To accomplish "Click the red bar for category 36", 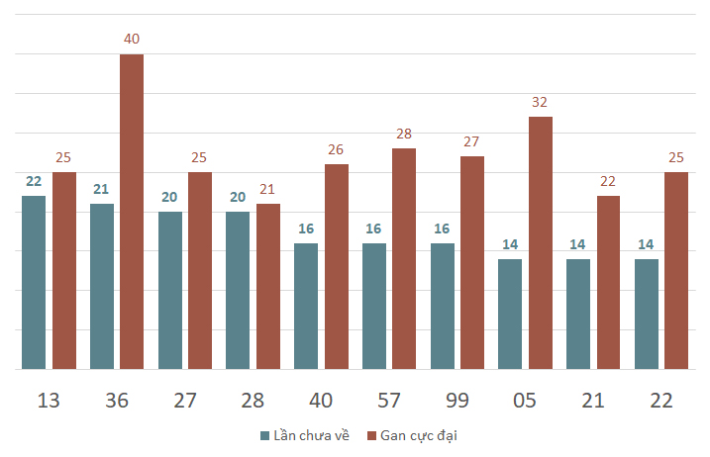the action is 132,212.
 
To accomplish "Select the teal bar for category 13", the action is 34,282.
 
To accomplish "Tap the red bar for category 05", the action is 541,243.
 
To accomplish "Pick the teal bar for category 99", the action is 443,307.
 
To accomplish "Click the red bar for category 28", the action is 268,287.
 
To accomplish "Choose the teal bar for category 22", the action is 647,314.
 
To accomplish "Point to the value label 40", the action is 132,39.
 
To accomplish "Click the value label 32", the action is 540,102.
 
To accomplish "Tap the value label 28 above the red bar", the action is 404,134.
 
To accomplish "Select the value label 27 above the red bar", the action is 471,141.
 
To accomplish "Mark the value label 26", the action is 336,149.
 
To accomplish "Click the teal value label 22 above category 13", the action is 34,181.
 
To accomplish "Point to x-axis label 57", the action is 389,401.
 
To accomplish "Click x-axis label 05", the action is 525,401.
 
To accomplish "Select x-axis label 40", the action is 321,401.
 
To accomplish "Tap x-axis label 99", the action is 457,401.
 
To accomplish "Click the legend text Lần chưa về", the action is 312,435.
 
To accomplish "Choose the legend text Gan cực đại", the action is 419,436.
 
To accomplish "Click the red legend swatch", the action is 371,436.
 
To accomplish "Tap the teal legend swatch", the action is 265,436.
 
